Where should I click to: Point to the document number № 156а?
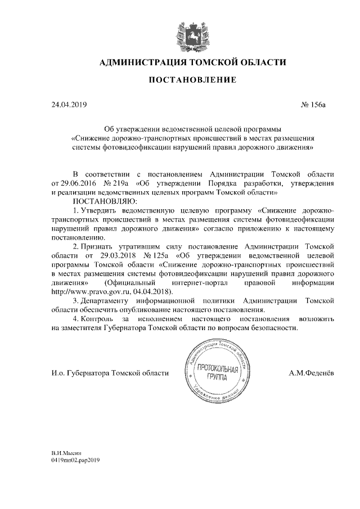tap(314, 105)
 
